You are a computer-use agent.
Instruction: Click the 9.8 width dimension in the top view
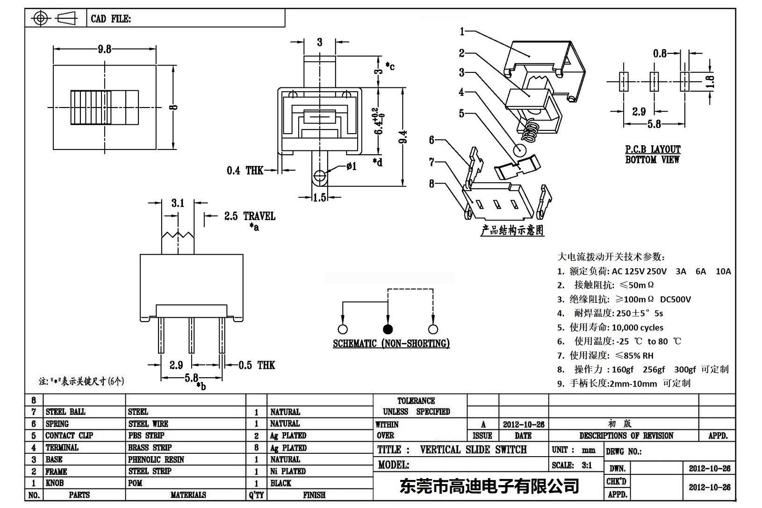click(104, 49)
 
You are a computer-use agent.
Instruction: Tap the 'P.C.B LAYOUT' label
click(653, 150)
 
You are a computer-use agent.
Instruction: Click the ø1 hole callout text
click(351, 166)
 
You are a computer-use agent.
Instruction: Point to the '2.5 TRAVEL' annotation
click(249, 216)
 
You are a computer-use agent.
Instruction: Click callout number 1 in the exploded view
click(462, 31)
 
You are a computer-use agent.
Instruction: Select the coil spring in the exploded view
click(529, 131)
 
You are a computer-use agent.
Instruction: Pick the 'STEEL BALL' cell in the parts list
click(65, 412)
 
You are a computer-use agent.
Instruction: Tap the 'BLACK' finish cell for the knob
click(280, 483)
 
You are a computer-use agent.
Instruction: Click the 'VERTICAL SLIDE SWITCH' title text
click(473, 450)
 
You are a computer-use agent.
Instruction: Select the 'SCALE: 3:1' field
click(572, 465)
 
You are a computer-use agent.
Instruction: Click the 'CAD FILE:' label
click(111, 19)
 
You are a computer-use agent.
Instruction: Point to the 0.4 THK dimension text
click(245, 171)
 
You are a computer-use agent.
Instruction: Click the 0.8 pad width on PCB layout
click(660, 54)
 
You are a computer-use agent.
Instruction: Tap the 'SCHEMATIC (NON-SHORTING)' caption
click(391, 343)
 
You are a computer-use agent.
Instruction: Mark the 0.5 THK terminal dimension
click(257, 365)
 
